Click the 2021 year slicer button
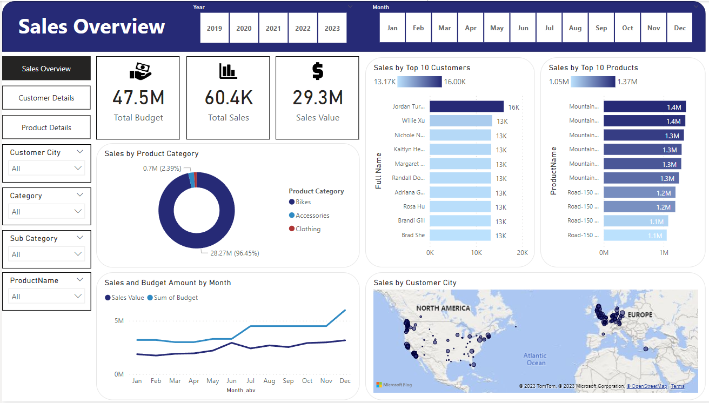coord(273,28)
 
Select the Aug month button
coord(575,28)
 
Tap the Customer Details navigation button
coord(46,98)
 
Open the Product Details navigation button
coord(46,127)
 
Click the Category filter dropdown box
coord(47,212)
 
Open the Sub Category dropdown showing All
coord(47,254)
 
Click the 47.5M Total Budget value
coord(138,98)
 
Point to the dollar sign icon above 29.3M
coord(318,71)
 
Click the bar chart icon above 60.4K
coord(228,71)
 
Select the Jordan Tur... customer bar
coord(467,107)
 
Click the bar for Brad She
coord(460,235)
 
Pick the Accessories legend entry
coord(312,216)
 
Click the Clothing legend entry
coord(307,229)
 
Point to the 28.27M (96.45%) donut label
coord(235,253)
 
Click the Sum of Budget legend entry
coord(176,298)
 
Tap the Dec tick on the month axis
coord(345,381)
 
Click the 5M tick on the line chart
coord(118,321)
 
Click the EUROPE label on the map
coord(640,315)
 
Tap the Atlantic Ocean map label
coord(535,359)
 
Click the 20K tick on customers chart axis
coord(522,253)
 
